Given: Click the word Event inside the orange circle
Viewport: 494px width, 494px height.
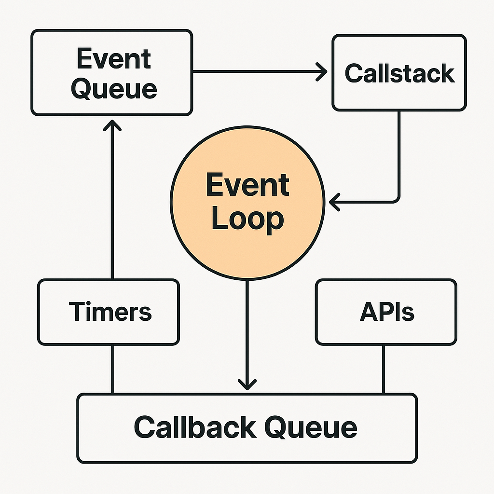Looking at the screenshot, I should point(247,185).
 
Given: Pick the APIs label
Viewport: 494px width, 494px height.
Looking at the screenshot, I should point(386,312).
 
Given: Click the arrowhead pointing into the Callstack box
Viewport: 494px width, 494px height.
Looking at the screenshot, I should point(322,72).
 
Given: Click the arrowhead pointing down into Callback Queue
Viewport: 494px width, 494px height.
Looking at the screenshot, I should point(247,384).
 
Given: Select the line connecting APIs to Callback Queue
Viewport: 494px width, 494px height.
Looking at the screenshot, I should point(384,370).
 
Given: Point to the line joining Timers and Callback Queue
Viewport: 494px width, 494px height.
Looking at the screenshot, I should point(112,370).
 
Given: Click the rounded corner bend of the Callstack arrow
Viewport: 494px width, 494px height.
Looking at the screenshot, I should point(397,198).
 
